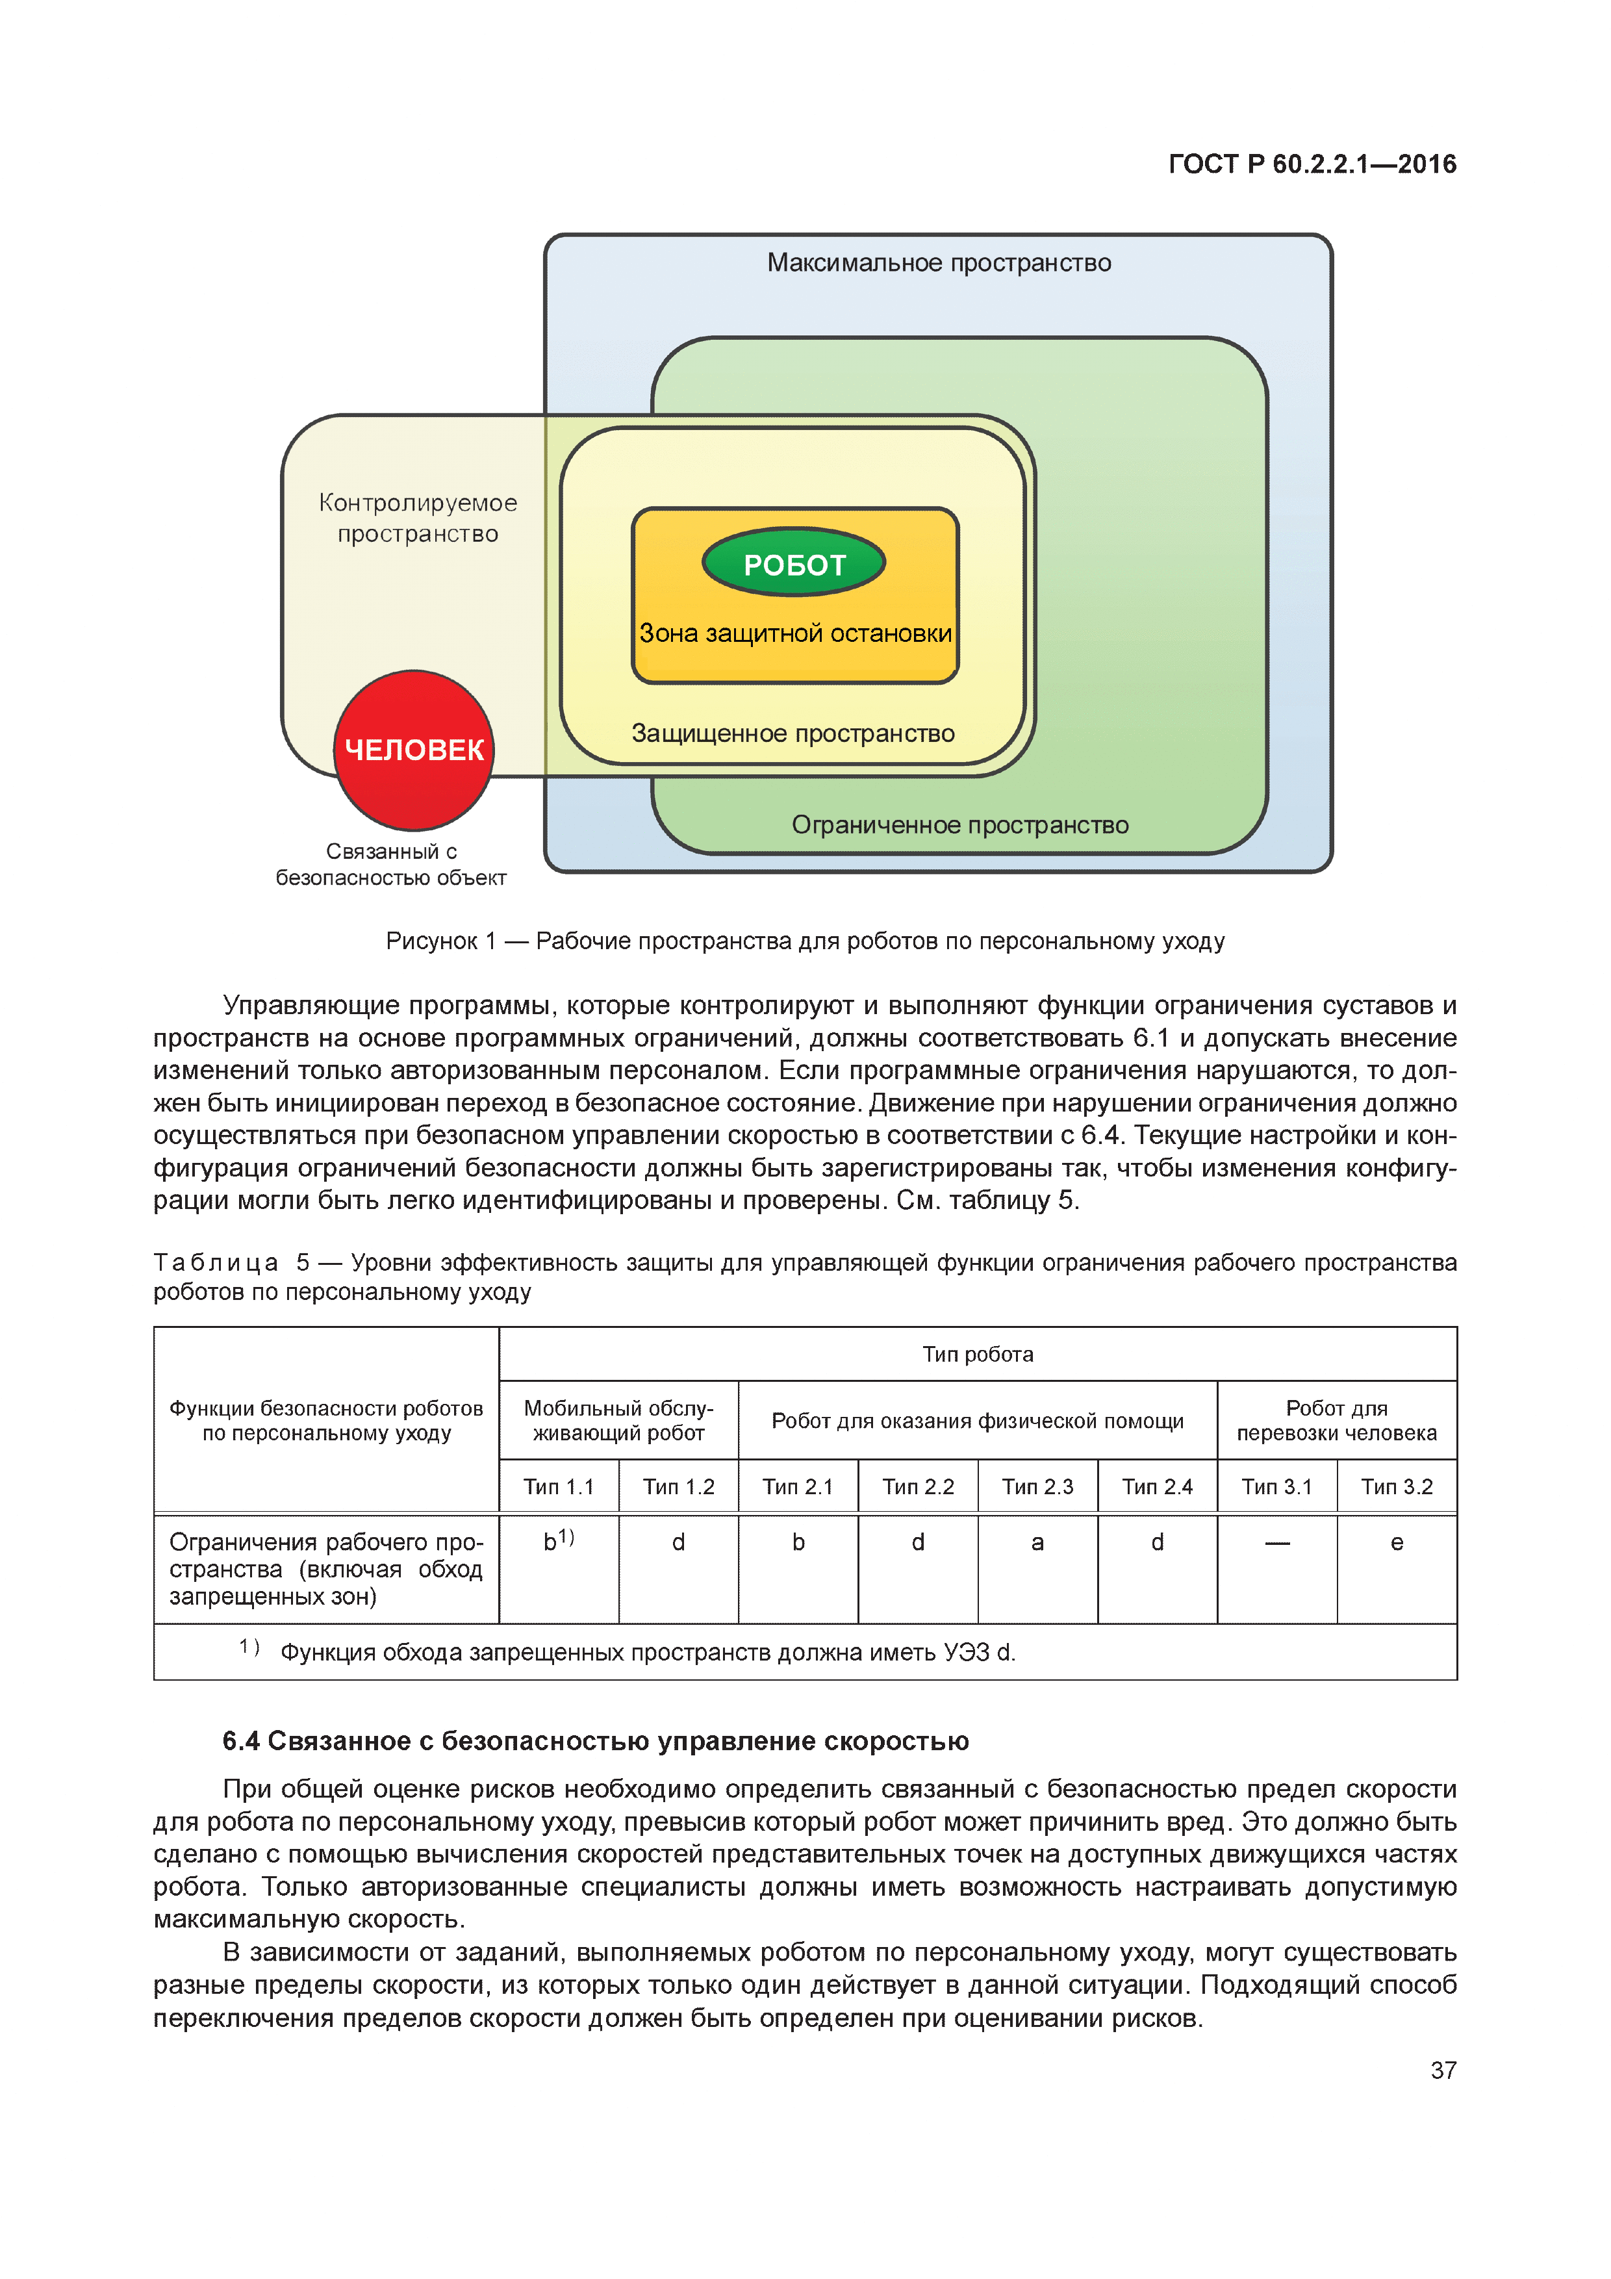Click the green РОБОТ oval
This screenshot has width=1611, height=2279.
(793, 563)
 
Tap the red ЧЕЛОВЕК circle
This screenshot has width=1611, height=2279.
(414, 750)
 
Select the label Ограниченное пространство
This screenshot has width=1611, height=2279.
(960, 825)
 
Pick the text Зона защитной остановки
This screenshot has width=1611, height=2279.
(795, 633)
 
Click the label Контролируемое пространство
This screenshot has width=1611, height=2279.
(418, 518)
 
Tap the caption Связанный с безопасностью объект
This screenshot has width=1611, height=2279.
(391, 865)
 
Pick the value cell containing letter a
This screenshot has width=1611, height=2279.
(1037, 1542)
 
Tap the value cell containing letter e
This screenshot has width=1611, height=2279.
(1397, 1542)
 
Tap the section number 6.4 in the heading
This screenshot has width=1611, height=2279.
(241, 1741)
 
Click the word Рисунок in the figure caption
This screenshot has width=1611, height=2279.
(432, 941)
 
